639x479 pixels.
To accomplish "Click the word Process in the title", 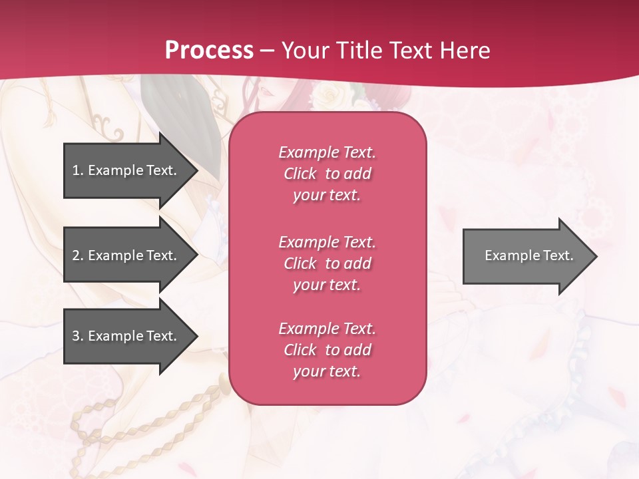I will [x=209, y=51].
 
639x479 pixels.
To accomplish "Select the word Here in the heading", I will [x=464, y=51].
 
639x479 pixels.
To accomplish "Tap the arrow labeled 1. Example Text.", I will [x=126, y=170].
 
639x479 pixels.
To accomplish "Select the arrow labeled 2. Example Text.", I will [x=126, y=255].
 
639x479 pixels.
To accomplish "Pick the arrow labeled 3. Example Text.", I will [x=126, y=337].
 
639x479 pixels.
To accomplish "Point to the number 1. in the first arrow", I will [x=78, y=170].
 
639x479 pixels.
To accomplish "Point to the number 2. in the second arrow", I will [x=78, y=255].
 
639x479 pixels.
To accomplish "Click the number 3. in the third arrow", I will [x=78, y=337].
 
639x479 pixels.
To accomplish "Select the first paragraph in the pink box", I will [x=327, y=174].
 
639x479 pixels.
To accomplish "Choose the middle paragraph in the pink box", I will [x=327, y=263].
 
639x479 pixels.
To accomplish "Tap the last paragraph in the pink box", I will [x=327, y=350].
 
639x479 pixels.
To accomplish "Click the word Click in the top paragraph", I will [x=300, y=174].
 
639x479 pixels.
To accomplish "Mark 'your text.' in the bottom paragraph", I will [x=327, y=371].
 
